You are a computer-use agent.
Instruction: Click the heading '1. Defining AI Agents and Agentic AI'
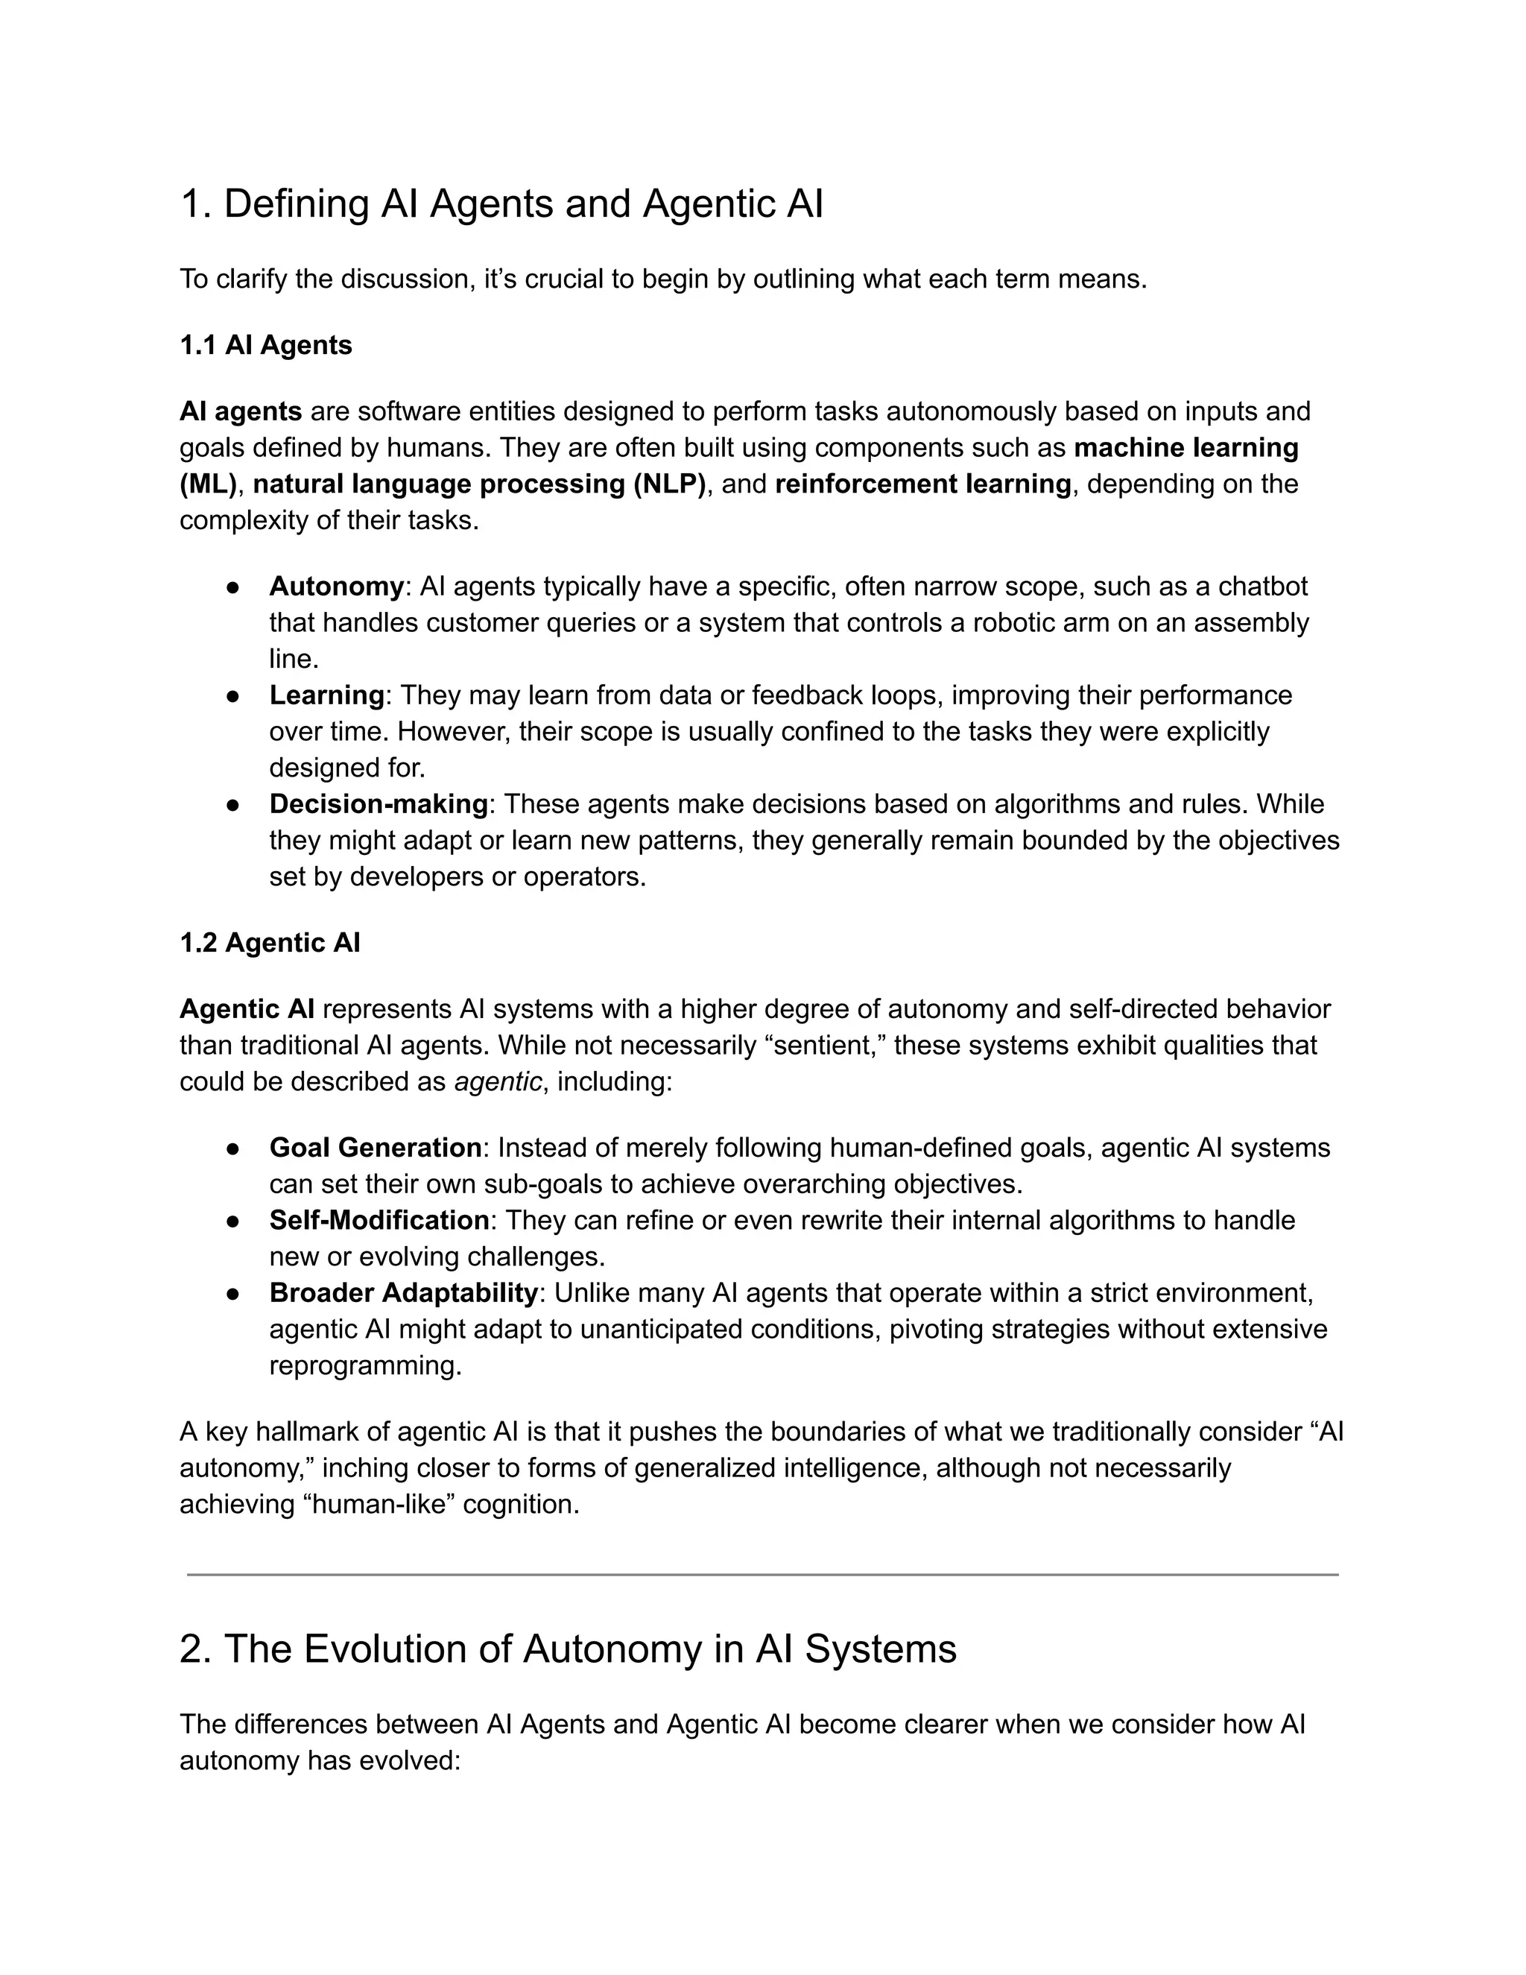501,203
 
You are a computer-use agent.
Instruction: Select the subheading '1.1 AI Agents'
266,346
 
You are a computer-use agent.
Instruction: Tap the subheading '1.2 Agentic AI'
270,944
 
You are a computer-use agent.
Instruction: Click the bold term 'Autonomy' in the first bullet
336,587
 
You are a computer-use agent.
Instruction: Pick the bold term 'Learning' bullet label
327,695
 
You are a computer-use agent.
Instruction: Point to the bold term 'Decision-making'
379,804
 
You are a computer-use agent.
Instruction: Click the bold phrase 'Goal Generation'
376,1148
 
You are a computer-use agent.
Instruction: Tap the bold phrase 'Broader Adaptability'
403,1293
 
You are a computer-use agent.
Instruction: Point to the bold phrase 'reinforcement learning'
923,484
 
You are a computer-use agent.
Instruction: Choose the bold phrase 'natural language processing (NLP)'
479,484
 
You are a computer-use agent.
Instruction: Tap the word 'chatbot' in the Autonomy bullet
1263,587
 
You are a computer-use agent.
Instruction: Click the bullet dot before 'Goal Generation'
232,1148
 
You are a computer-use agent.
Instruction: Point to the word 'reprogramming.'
365,1365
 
